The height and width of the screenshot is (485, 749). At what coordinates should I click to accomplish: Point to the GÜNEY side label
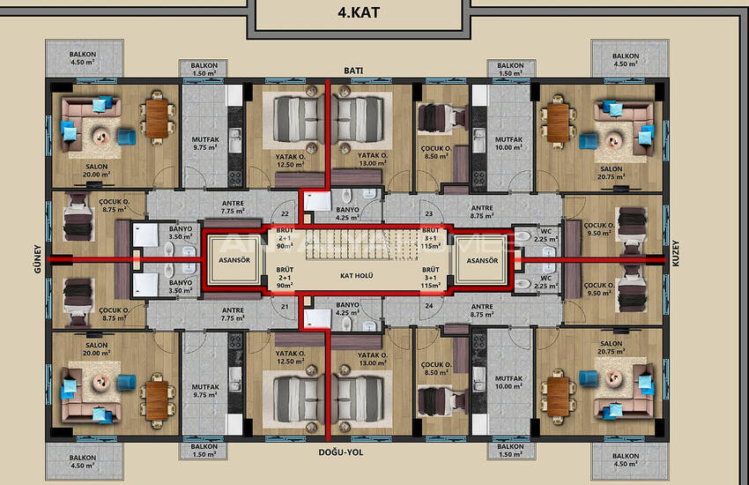coord(39,261)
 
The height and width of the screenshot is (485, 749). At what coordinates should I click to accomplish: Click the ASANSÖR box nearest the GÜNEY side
coord(234,261)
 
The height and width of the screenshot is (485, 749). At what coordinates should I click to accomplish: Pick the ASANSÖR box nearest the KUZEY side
coord(484,261)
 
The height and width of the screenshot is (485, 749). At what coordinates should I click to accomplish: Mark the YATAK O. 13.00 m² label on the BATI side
coord(373,159)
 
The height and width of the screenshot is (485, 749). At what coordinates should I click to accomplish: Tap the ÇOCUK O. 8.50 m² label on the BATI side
coord(434,153)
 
